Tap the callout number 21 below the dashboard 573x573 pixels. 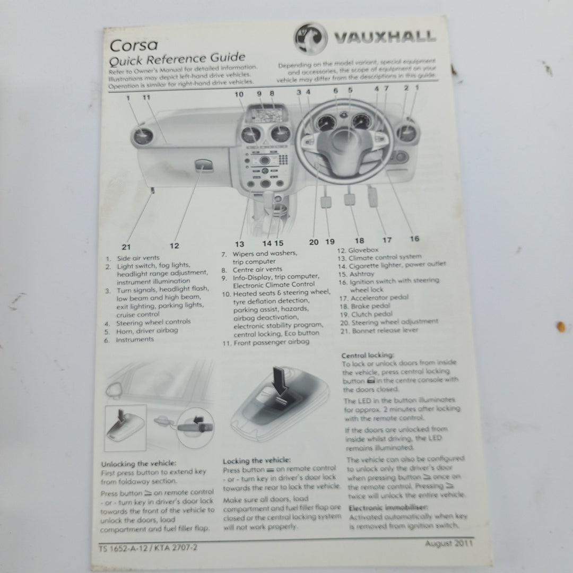pyautogui.click(x=126, y=246)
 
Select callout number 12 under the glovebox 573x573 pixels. pyautogui.click(x=174, y=245)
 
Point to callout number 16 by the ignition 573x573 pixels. pyautogui.click(x=414, y=239)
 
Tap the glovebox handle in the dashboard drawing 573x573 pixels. pyautogui.click(x=204, y=167)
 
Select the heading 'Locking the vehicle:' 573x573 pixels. pyautogui.click(x=257, y=461)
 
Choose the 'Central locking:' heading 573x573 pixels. pyautogui.click(x=368, y=355)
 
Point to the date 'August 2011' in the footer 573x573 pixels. pyautogui.click(x=449, y=543)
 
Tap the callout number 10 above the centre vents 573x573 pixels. pyautogui.click(x=239, y=94)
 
